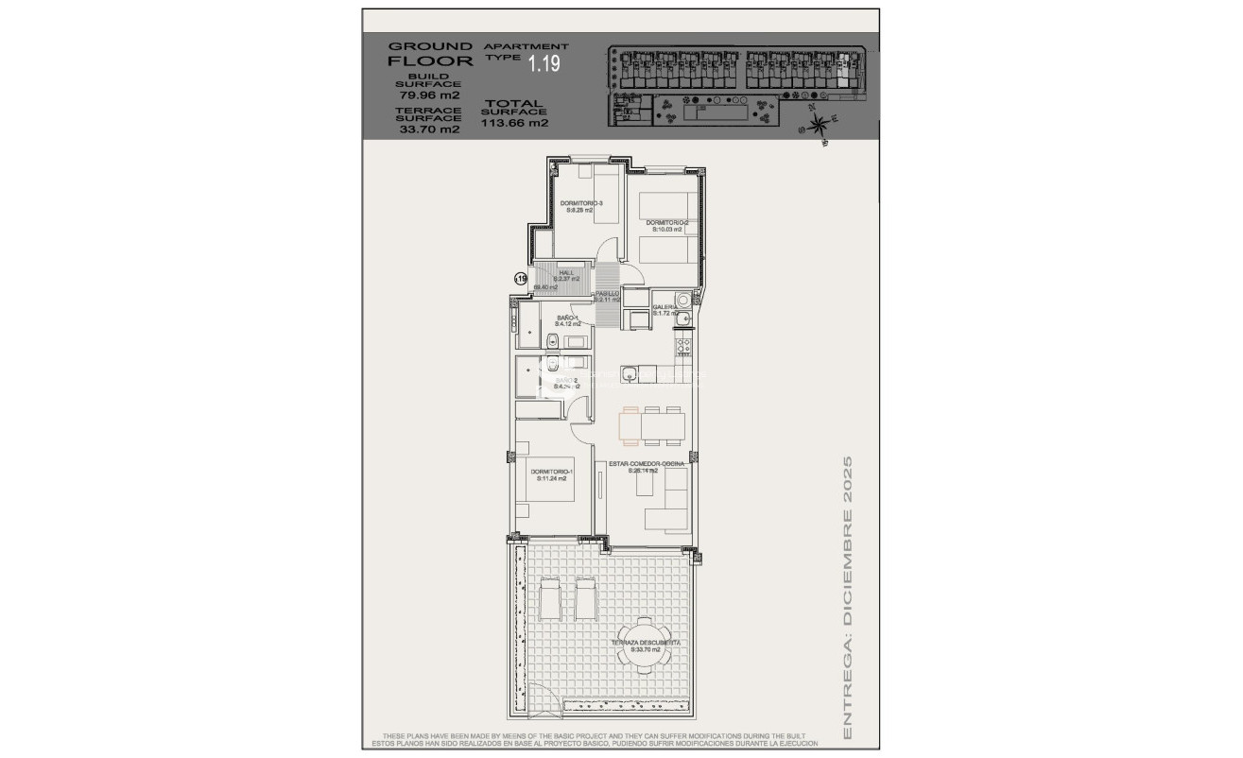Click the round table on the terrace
(x=646, y=645)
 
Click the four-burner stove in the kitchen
(x=682, y=347)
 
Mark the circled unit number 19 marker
(x=520, y=279)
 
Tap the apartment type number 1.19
(x=544, y=64)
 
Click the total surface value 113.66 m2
(x=514, y=122)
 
